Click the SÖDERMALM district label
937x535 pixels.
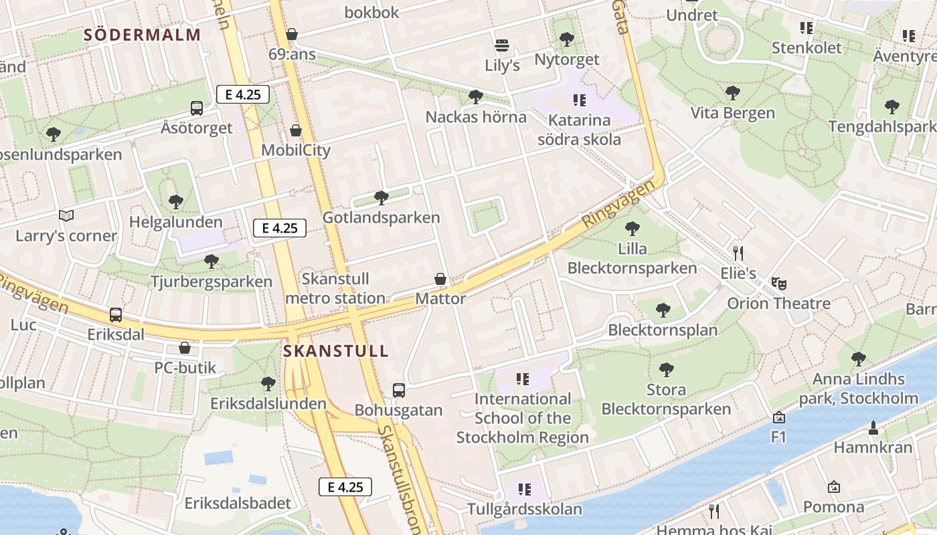(142, 35)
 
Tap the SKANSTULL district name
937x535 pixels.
(335, 351)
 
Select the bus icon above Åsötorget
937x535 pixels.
(197, 108)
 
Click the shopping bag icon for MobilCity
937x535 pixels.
(296, 130)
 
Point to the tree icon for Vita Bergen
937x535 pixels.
(732, 93)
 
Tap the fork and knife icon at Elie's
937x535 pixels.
(738, 253)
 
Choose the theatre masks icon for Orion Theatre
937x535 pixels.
(778, 284)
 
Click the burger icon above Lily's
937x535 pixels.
(502, 45)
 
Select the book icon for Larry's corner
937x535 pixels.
(66, 215)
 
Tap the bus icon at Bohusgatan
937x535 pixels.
(399, 390)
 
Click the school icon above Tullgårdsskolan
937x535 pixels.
(525, 490)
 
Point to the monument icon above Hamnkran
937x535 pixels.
(873, 427)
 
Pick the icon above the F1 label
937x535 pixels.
(778, 418)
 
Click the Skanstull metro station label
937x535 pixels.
(335, 288)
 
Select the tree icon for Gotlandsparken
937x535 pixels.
(381, 197)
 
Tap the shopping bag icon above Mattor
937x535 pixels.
(440, 278)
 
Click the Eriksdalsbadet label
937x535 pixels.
(238, 503)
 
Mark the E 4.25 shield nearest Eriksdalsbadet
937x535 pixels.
(345, 487)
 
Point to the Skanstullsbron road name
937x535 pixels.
(399, 478)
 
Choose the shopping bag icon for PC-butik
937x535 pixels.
(185, 348)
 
